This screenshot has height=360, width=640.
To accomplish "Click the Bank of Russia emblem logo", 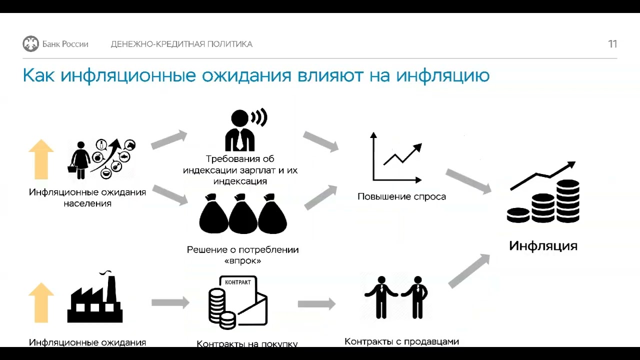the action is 30,44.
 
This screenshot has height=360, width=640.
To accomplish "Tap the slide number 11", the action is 612,44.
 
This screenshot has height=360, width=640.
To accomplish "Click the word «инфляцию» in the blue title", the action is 442,75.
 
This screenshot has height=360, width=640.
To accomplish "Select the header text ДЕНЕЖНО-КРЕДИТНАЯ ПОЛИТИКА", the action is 181,44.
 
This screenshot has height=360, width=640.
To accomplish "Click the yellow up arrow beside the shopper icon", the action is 41,159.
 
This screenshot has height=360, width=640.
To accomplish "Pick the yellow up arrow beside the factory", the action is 41,302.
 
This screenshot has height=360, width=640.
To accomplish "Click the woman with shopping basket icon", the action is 80,159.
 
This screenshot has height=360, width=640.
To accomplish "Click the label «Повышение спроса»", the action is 401,196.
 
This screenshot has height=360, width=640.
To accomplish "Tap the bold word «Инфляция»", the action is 543,246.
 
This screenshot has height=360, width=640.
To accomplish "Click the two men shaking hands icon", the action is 396,297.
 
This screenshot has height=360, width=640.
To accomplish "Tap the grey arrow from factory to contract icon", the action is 170,302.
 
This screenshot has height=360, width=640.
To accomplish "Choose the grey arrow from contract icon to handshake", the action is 316,303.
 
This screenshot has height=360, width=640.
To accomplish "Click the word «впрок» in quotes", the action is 243,261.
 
